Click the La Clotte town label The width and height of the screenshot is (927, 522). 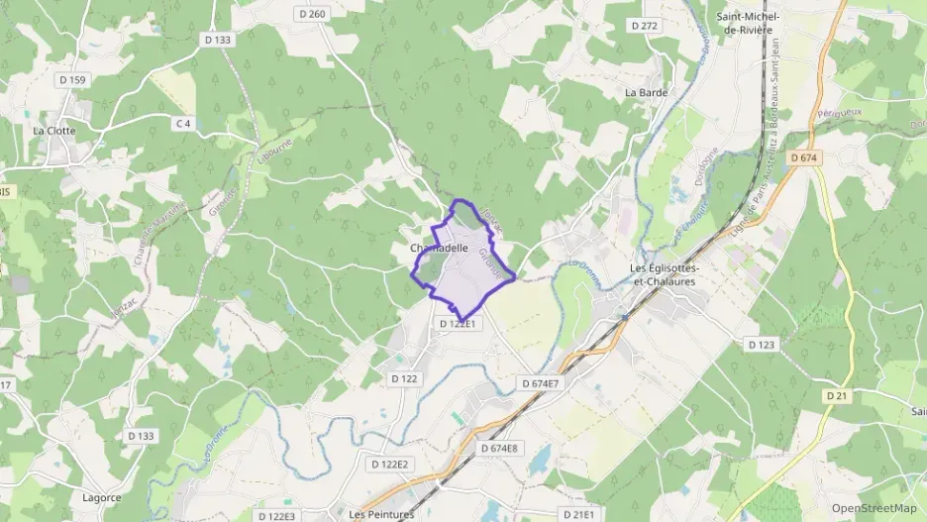[x=53, y=130]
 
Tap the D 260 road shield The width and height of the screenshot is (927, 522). [x=312, y=14]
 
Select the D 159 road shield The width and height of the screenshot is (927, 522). [x=72, y=79]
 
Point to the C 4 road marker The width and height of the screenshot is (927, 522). [x=182, y=124]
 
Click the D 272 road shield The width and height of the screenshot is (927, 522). [x=644, y=26]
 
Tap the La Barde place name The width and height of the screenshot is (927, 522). [x=646, y=92]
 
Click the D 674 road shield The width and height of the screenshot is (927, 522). [x=805, y=157]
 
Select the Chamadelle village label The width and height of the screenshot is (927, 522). [x=439, y=248]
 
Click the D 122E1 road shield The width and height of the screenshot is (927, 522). [x=459, y=324]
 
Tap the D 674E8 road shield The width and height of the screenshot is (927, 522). [x=499, y=449]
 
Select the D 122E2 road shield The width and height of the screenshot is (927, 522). [x=389, y=464]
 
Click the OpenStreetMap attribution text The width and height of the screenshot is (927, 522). [x=875, y=508]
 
